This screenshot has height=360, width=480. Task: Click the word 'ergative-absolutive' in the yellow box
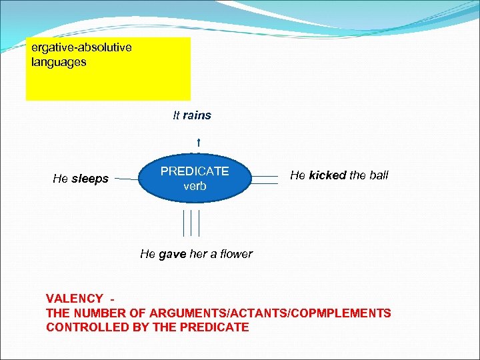[x=81, y=48]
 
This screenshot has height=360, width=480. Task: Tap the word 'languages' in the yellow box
[x=59, y=62]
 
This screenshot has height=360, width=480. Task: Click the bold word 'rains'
[x=197, y=115]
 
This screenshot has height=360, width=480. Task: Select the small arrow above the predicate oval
[x=199, y=141]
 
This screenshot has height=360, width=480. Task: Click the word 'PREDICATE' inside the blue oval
[x=195, y=171]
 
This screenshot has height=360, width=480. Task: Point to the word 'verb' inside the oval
[x=195, y=187]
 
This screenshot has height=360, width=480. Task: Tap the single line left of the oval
[x=124, y=179]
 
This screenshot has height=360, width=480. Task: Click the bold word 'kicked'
[x=327, y=175]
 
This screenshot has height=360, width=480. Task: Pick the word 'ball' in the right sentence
[x=378, y=175]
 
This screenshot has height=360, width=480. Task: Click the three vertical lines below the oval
[x=191, y=223]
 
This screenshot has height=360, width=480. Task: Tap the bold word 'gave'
[x=172, y=254]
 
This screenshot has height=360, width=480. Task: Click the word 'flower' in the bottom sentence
[x=236, y=254]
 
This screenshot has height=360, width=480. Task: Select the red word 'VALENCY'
[x=74, y=299]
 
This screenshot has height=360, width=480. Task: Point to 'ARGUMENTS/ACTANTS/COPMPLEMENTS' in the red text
[x=270, y=313]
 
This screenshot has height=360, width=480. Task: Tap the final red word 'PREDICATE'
[x=217, y=327]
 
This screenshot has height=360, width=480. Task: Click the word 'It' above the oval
[x=176, y=115]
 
